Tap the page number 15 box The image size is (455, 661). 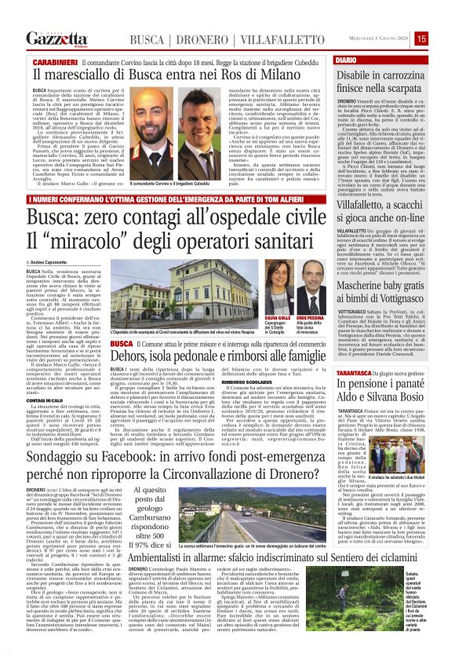(x=443, y=38)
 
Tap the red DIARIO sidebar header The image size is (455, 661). (x=345, y=60)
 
